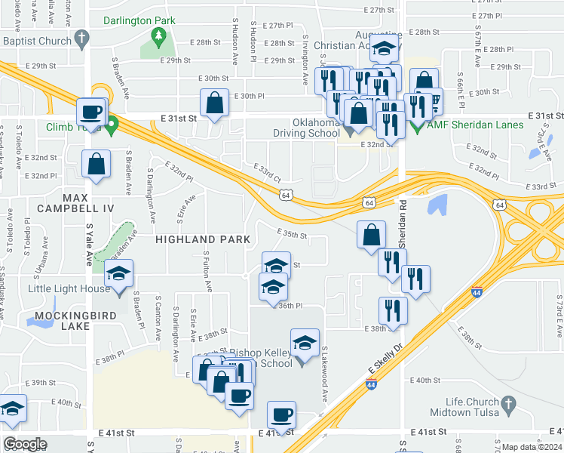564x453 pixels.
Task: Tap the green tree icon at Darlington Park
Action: [x=158, y=35]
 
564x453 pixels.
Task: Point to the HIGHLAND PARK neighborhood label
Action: [x=203, y=239]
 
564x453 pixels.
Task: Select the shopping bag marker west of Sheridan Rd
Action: [x=371, y=235]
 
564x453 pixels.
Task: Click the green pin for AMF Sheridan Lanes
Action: [x=418, y=125]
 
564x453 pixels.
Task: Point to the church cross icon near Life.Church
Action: [x=510, y=407]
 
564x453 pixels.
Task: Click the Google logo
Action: [x=25, y=444]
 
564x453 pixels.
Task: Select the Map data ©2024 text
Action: [x=532, y=447]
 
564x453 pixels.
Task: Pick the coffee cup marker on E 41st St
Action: [x=281, y=414]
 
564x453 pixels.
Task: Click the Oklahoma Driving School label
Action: [x=307, y=128]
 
